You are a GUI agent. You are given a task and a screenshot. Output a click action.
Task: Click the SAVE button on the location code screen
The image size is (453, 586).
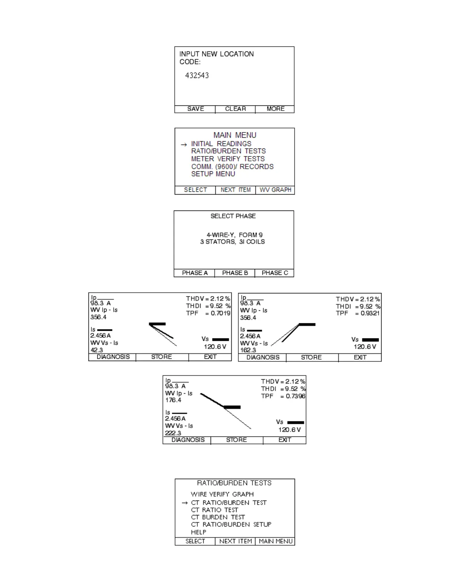point(195,109)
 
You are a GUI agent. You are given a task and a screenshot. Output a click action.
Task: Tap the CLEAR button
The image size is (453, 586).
point(235,109)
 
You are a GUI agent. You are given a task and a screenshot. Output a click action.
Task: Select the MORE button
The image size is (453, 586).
point(275,109)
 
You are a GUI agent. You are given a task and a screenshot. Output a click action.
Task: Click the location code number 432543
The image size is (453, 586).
point(197,75)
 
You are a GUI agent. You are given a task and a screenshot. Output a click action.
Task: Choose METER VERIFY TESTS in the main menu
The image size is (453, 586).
point(228,159)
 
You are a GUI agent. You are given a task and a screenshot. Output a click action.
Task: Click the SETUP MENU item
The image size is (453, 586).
point(213,174)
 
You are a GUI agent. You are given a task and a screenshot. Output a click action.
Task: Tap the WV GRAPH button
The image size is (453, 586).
point(275,190)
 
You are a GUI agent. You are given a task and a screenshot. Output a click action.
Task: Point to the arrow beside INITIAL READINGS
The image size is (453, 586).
point(184,145)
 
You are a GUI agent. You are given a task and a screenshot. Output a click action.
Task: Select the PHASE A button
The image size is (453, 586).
point(195,273)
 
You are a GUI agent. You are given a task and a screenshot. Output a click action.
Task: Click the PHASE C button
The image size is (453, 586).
point(275,273)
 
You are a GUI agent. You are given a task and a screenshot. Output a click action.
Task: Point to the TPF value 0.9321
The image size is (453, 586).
point(370,314)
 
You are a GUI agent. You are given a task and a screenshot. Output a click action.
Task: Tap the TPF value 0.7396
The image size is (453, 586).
point(295,396)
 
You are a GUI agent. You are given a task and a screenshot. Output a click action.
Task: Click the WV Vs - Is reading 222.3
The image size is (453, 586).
point(173,433)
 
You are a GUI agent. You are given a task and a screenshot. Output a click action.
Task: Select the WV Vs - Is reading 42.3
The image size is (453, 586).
point(97,350)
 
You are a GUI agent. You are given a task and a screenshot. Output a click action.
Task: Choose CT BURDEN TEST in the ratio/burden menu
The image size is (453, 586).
point(218,517)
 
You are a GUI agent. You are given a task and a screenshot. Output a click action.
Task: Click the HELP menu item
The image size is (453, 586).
point(198,532)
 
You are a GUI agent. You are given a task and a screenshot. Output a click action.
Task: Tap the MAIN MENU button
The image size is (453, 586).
point(276,542)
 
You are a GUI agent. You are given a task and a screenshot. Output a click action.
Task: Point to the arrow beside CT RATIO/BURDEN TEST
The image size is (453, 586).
point(185,503)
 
